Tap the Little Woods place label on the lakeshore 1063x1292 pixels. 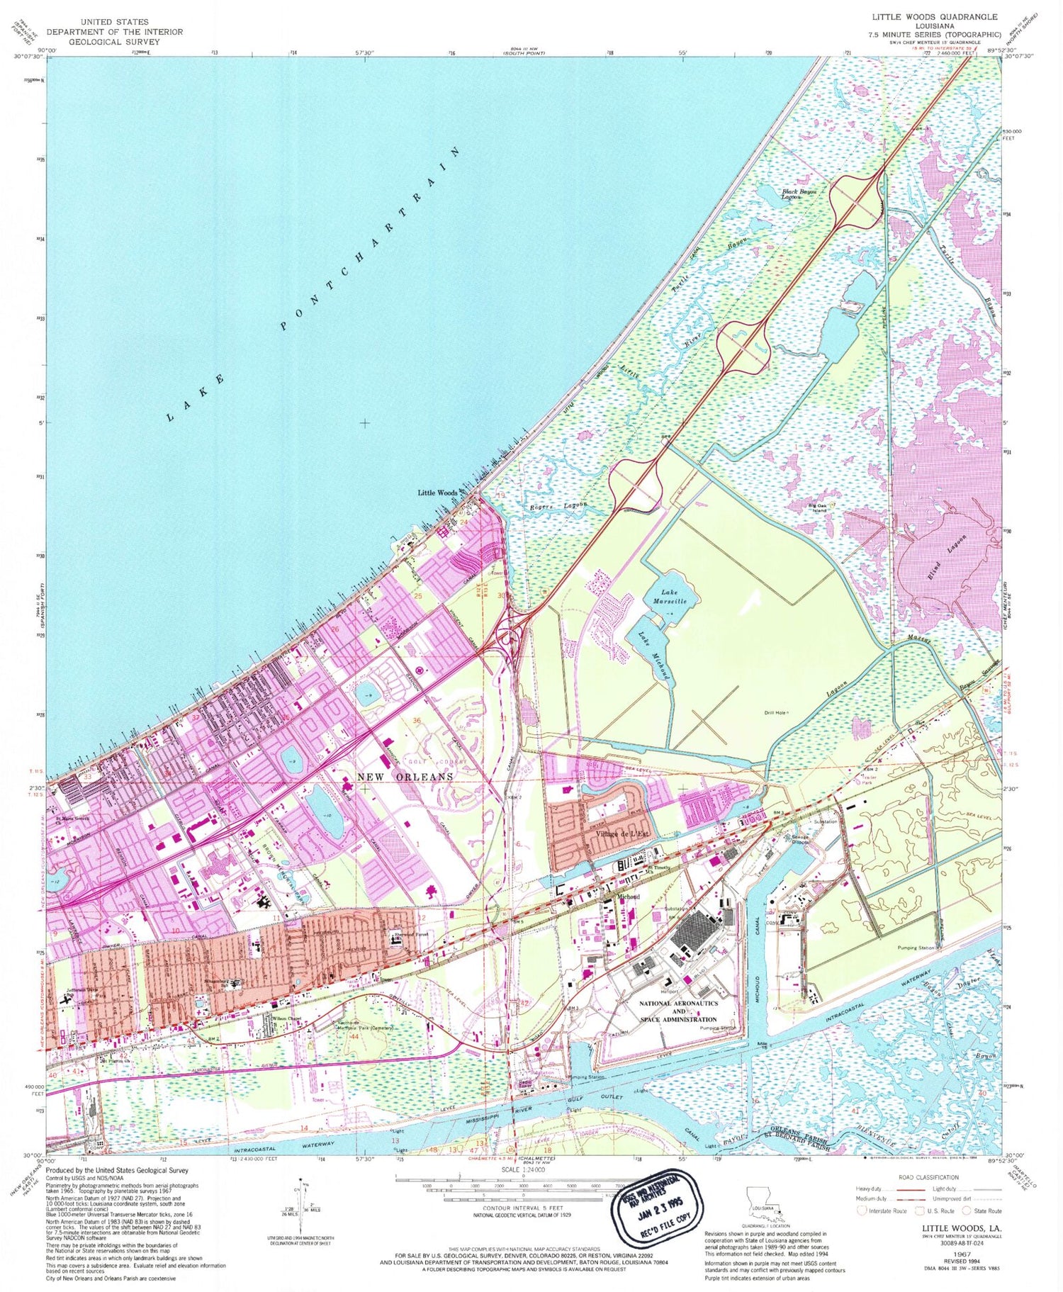tap(437, 493)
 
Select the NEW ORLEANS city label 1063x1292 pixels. tap(405, 777)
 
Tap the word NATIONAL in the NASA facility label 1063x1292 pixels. tap(669, 1004)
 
